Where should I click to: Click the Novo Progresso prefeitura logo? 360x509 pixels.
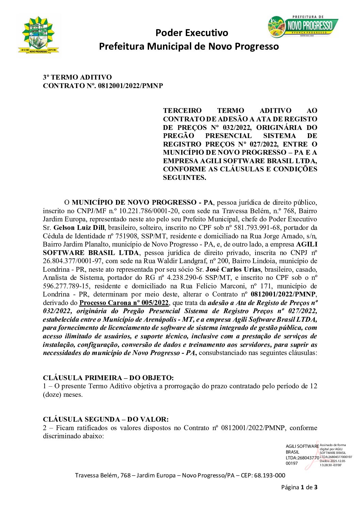point(303,26)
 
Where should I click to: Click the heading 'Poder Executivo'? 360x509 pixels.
point(192,33)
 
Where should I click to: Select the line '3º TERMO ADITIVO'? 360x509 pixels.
point(77,77)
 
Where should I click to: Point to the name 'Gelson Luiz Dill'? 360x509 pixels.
point(79,227)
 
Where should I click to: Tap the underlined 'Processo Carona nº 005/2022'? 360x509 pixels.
point(124,303)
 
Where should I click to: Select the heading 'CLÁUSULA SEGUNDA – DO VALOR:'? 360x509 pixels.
point(105,419)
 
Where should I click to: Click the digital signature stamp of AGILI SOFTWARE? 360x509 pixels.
point(318,455)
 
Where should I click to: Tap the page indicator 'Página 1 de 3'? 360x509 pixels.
point(299,487)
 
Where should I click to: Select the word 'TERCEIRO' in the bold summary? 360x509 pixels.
point(182,111)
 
